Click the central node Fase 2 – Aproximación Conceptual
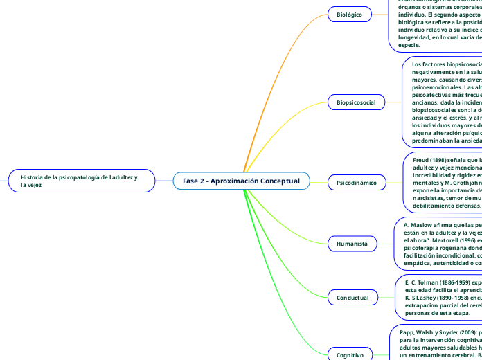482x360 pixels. click(241, 181)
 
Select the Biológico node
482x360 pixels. click(348, 14)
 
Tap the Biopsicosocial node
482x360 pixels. click(355, 102)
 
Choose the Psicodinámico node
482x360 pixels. click(357, 183)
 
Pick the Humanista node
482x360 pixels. click(352, 244)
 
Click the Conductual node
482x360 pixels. click(353, 298)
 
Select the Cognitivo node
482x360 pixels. click(350, 354)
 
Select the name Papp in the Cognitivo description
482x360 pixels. click(407, 332)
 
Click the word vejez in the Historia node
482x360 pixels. click(30, 186)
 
